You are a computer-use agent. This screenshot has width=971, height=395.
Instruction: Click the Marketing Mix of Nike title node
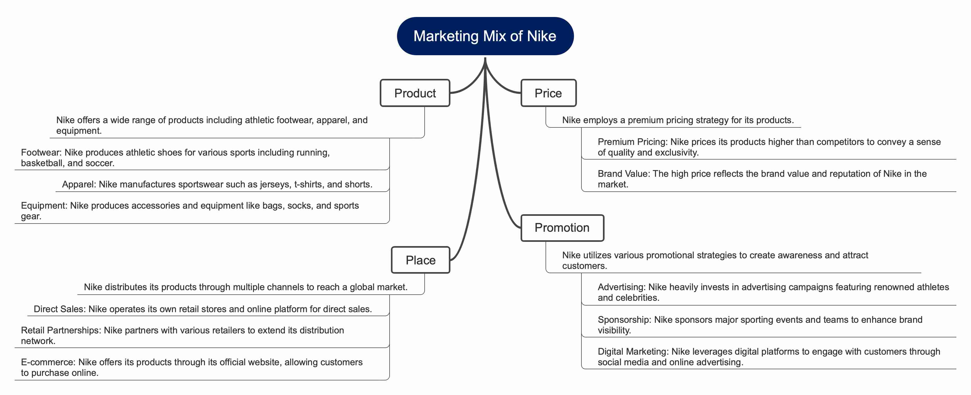[x=485, y=36]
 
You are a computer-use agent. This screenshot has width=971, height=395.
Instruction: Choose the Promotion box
[x=562, y=228]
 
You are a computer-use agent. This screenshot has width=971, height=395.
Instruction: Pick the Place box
[x=420, y=260]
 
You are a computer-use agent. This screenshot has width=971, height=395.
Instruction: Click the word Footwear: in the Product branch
[x=41, y=152]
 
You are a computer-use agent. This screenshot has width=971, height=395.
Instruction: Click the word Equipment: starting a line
[x=44, y=205]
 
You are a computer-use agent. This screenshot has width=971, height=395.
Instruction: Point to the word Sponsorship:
[x=624, y=320]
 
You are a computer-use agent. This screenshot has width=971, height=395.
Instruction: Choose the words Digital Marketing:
[x=633, y=352]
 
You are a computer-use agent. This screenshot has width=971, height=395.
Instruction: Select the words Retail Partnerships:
[x=61, y=330]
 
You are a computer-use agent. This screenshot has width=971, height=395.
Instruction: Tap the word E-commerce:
[x=48, y=362]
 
